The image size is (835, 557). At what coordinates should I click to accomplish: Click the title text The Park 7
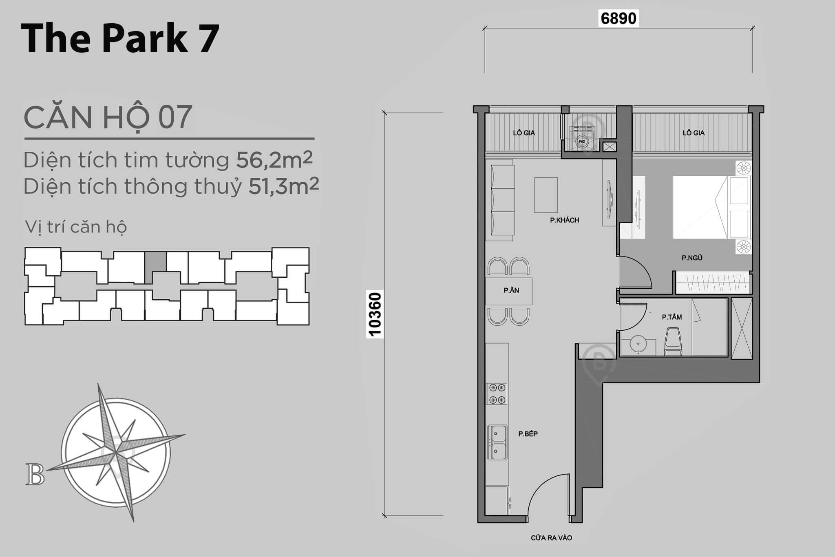tap(120, 38)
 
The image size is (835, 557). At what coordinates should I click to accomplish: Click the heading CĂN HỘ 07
tap(108, 117)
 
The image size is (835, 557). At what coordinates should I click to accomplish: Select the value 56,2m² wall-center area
tap(274, 159)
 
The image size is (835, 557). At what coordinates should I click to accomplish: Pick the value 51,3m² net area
tap(283, 186)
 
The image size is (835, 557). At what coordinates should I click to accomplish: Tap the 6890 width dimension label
tap(618, 19)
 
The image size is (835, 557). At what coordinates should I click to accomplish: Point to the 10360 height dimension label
tap(374, 314)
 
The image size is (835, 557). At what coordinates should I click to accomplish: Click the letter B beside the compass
tap(35, 475)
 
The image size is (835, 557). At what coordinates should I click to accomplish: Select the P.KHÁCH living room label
tap(564, 220)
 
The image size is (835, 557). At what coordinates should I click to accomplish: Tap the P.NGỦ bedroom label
tap(692, 258)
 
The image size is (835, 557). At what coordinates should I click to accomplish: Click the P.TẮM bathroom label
tap(672, 317)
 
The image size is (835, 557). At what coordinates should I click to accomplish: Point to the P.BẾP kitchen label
tap(528, 434)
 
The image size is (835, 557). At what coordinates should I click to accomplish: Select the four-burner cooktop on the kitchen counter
tap(497, 393)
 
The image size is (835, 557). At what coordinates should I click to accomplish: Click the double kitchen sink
tap(497, 442)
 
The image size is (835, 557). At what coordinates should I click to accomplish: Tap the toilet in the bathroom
tap(673, 343)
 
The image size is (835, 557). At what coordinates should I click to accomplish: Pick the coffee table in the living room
tap(546, 195)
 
